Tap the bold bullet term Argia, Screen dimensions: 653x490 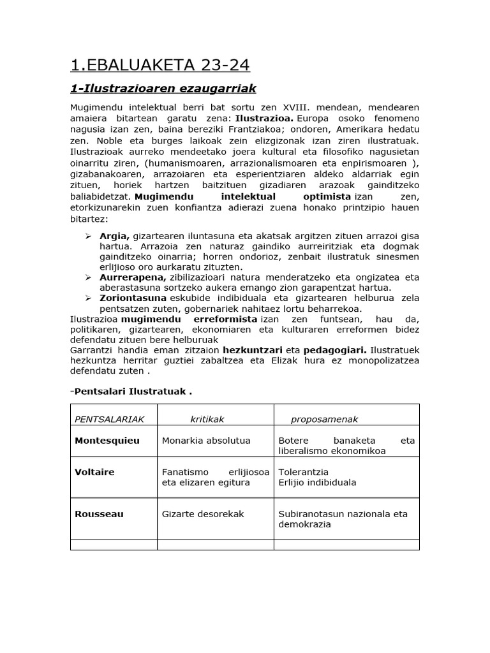click(115, 235)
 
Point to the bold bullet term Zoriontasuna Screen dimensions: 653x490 click(133, 297)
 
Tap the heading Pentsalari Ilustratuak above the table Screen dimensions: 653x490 click(132, 391)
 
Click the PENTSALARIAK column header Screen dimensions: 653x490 click(110, 419)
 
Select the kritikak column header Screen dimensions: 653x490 click(207, 419)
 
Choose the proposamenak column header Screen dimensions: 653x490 click(325, 419)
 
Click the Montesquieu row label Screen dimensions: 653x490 click(107, 440)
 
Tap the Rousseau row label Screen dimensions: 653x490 click(99, 513)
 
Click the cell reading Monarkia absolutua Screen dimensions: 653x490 click(206, 440)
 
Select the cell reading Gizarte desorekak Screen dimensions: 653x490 click(203, 513)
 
